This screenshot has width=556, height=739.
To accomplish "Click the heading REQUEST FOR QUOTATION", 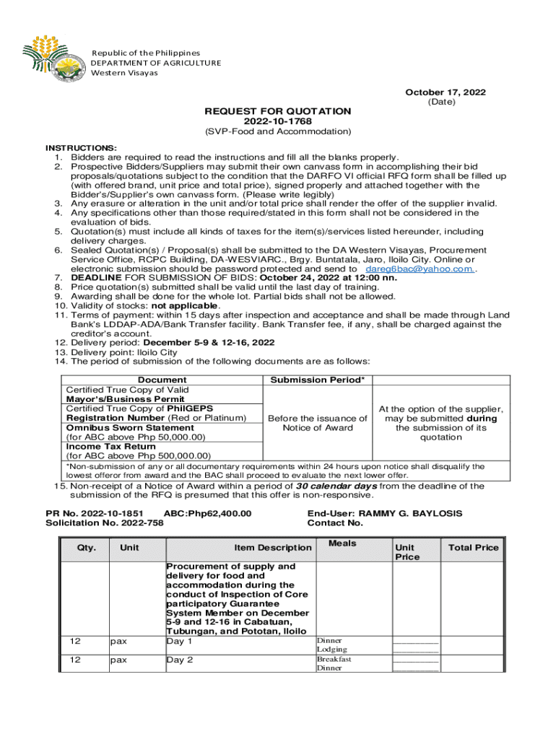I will [x=278, y=111].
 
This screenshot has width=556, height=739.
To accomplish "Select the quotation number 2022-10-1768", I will [x=278, y=121].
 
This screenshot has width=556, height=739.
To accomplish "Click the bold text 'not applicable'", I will [x=183, y=306].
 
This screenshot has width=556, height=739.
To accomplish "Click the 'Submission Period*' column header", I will [x=317, y=380].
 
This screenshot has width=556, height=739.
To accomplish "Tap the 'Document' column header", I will [x=162, y=380].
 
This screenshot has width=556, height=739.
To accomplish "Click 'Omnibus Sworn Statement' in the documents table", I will [x=120, y=427].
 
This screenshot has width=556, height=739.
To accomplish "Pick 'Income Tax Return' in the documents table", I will [x=107, y=446].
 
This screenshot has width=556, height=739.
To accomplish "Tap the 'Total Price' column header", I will [x=473, y=548].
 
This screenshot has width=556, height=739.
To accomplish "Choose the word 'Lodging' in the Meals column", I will [x=332, y=650].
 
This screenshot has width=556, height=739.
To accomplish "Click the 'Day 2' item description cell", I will [x=180, y=660].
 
